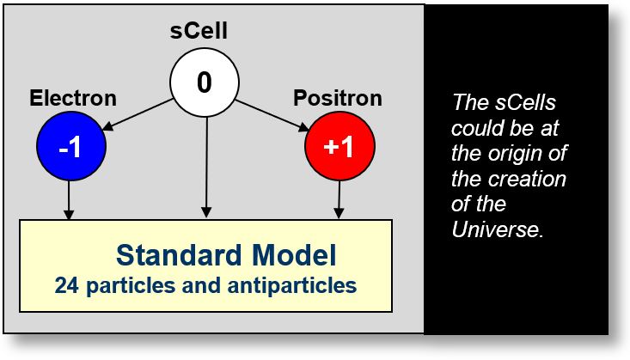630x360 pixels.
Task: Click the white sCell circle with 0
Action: pyautogui.click(x=204, y=82)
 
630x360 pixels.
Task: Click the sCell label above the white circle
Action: pyautogui.click(x=204, y=34)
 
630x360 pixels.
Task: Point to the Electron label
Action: pyautogui.click(x=73, y=98)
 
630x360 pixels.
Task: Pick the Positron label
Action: pyautogui.click(x=338, y=97)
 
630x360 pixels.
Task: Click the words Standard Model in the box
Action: pyautogui.click(x=226, y=256)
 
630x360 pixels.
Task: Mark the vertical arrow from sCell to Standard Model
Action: pyautogui.click(x=205, y=163)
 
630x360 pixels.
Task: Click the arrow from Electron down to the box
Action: pyautogui.click(x=70, y=199)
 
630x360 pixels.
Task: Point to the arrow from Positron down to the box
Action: pyautogui.click(x=340, y=199)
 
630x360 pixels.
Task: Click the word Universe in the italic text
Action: pyautogui.click(x=496, y=230)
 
